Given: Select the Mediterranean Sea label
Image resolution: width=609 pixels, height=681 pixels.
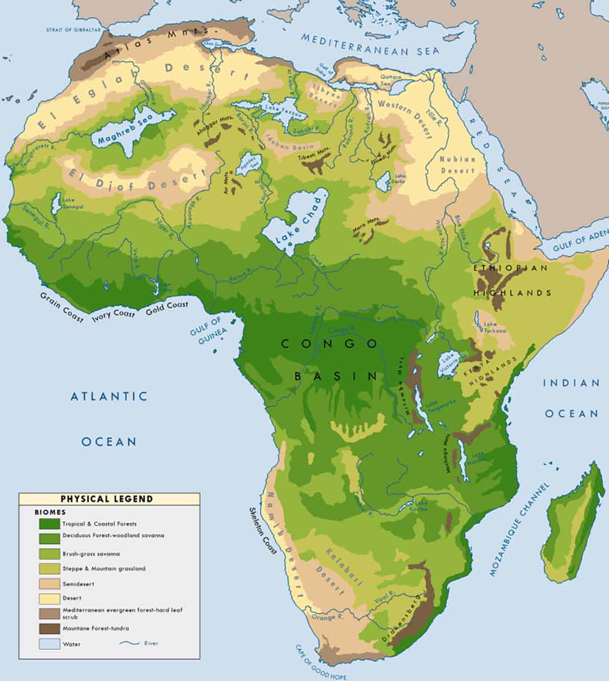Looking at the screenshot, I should [370, 45].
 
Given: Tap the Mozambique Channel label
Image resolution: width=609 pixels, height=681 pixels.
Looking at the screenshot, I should [520, 529].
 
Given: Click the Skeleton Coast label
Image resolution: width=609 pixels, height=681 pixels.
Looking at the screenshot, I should [262, 530].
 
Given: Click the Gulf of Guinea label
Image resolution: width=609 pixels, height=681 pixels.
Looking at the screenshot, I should [209, 331].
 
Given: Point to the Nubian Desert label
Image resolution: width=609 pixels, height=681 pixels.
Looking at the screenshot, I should [457, 165].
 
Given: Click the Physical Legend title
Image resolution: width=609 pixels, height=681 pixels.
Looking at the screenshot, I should [107, 499].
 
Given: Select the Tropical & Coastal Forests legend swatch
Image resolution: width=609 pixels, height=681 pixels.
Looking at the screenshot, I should [49, 524].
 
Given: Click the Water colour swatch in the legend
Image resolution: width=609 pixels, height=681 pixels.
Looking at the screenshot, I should [49, 644].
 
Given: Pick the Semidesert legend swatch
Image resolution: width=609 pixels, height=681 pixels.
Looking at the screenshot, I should [49, 583].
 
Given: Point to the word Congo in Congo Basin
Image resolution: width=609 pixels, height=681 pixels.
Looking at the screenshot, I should [329, 344].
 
